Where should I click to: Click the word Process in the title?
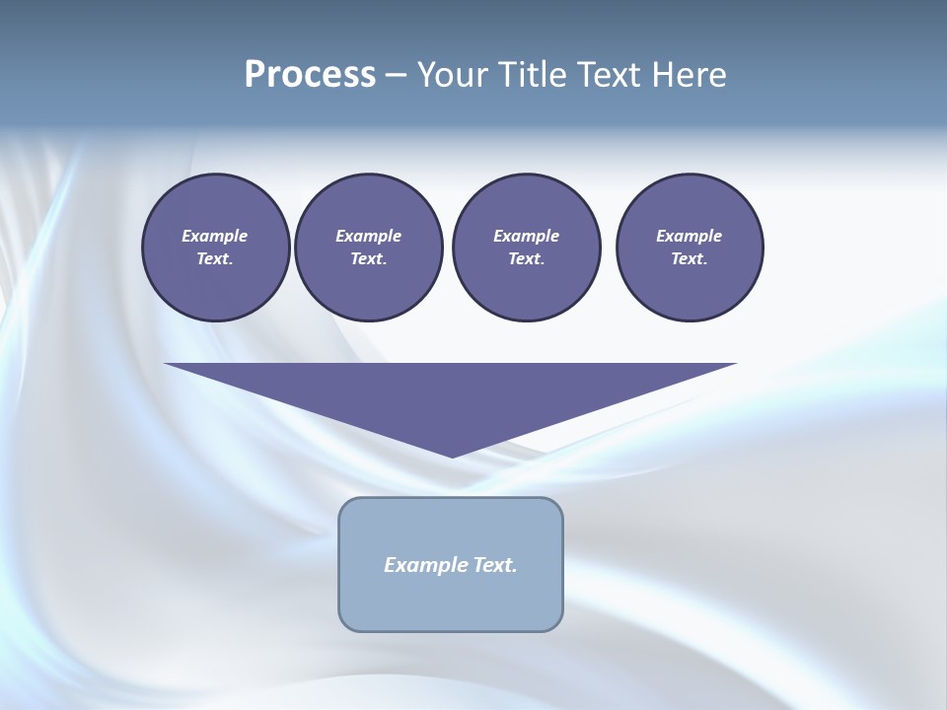[310, 75]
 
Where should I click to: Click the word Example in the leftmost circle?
[215, 236]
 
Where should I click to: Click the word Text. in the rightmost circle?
[689, 258]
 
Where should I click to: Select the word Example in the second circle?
[368, 236]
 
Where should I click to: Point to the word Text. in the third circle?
[526, 258]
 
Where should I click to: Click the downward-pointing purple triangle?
[451, 394]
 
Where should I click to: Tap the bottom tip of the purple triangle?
[452, 455]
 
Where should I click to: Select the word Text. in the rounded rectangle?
[495, 565]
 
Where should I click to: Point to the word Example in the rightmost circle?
[689, 236]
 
